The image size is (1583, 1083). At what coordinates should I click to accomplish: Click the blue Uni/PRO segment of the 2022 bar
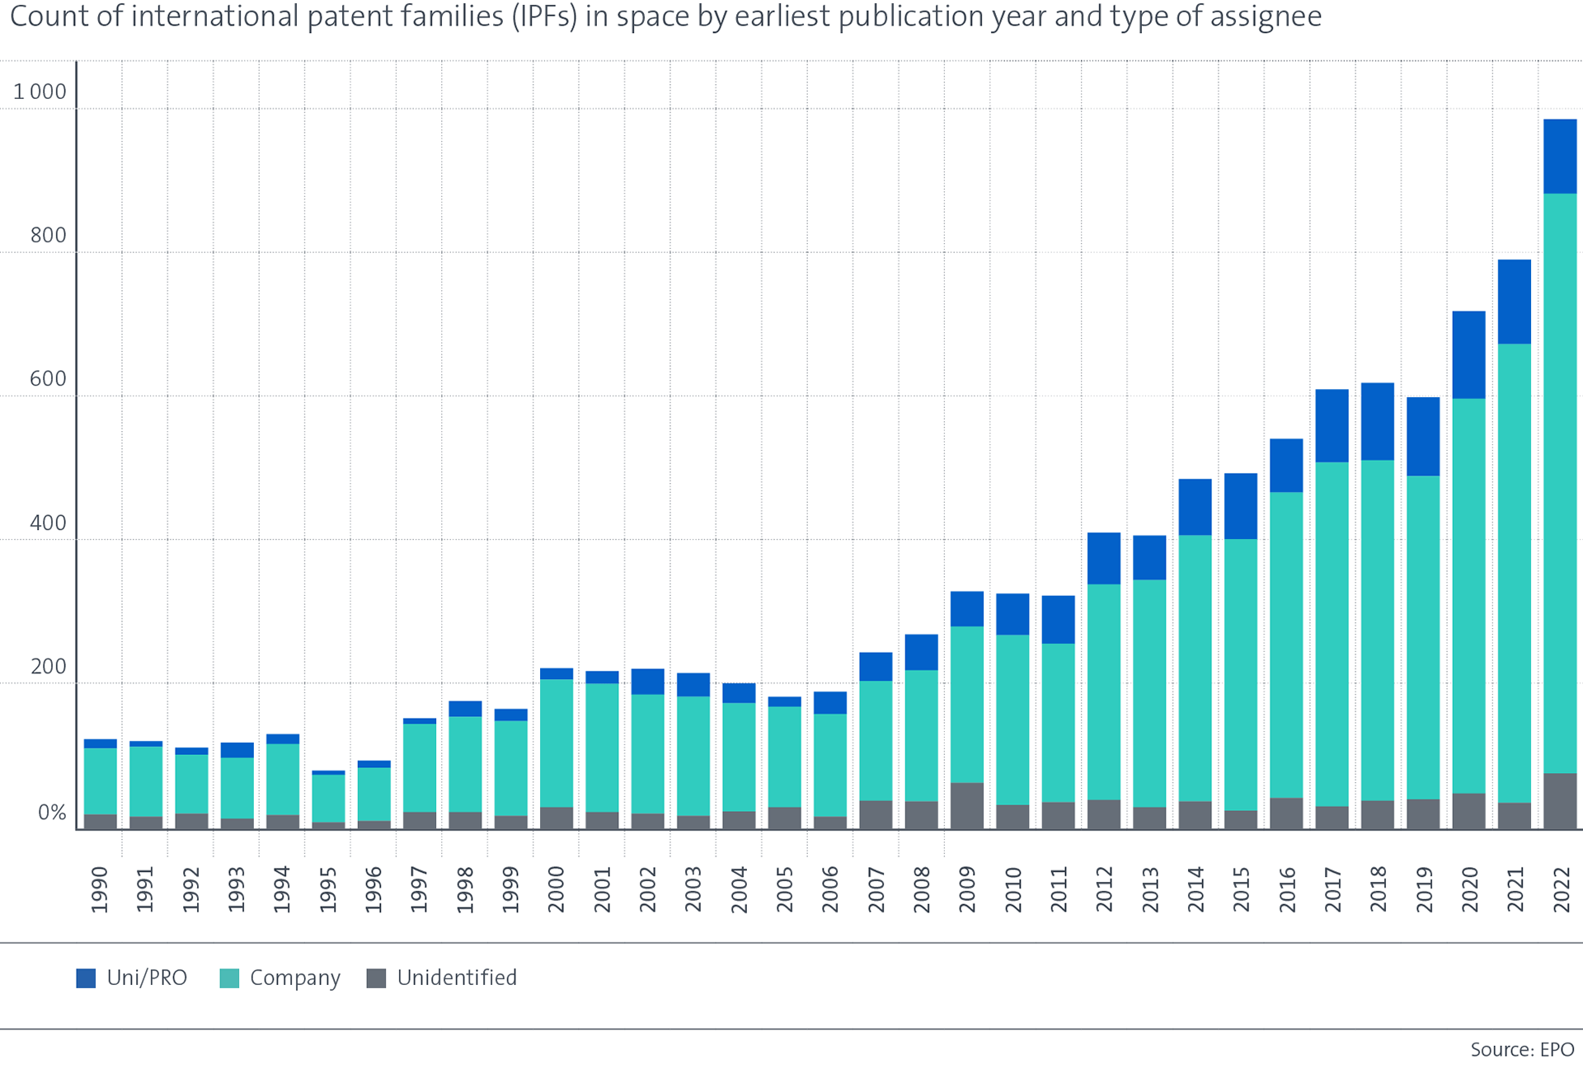[1560, 157]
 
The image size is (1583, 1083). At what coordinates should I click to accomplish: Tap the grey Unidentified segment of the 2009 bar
[966, 805]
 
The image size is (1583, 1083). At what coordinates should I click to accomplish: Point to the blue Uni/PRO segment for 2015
[1240, 506]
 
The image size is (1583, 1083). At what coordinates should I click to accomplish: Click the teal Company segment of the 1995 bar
[328, 798]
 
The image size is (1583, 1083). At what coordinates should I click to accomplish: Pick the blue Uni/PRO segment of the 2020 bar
[1468, 355]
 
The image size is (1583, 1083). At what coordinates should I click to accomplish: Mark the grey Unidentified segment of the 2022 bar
[1560, 800]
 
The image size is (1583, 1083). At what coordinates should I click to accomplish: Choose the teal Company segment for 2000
[557, 743]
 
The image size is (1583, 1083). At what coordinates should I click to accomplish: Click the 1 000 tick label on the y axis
[40, 91]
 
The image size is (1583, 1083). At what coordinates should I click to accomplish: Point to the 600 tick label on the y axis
[48, 379]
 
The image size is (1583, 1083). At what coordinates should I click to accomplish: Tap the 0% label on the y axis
[52, 813]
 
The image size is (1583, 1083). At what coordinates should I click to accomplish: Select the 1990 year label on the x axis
[100, 889]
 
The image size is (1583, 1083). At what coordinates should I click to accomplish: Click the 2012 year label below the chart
[1104, 889]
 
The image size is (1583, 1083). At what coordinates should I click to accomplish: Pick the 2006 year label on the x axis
[830, 889]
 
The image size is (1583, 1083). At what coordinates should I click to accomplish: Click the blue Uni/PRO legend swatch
[86, 978]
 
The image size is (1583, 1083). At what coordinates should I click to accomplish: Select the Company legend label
[294, 978]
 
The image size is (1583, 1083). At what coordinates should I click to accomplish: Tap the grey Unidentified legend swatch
[376, 978]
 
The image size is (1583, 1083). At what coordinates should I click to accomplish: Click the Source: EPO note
[1522, 1049]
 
